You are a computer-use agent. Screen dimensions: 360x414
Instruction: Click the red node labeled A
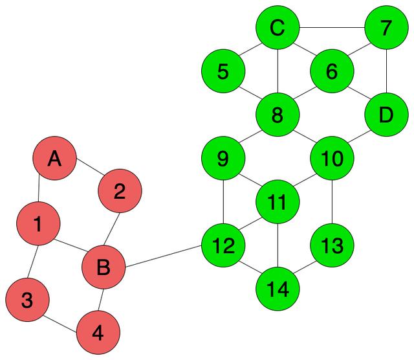[55, 159]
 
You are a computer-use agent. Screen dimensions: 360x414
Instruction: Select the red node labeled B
[103, 267]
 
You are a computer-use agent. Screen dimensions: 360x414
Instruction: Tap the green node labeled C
[278, 28]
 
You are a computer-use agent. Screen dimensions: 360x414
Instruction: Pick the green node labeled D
[386, 115]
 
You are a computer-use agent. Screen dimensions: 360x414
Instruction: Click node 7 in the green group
[386, 28]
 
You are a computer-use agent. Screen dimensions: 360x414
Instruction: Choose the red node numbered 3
[27, 300]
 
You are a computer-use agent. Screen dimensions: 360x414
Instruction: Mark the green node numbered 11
[278, 202]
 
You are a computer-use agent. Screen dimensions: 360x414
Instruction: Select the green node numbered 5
[223, 72]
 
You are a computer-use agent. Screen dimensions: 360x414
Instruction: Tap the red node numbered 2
[120, 192]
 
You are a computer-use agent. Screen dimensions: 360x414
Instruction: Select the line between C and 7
[332, 28]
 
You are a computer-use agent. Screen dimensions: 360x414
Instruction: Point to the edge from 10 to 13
[332, 202]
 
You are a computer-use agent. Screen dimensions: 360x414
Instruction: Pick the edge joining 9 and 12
[223, 202]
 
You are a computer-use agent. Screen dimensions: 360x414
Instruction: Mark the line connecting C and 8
[278, 72]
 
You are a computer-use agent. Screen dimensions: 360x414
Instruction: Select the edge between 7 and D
[386, 72]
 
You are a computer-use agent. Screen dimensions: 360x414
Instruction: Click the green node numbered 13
[332, 245]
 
